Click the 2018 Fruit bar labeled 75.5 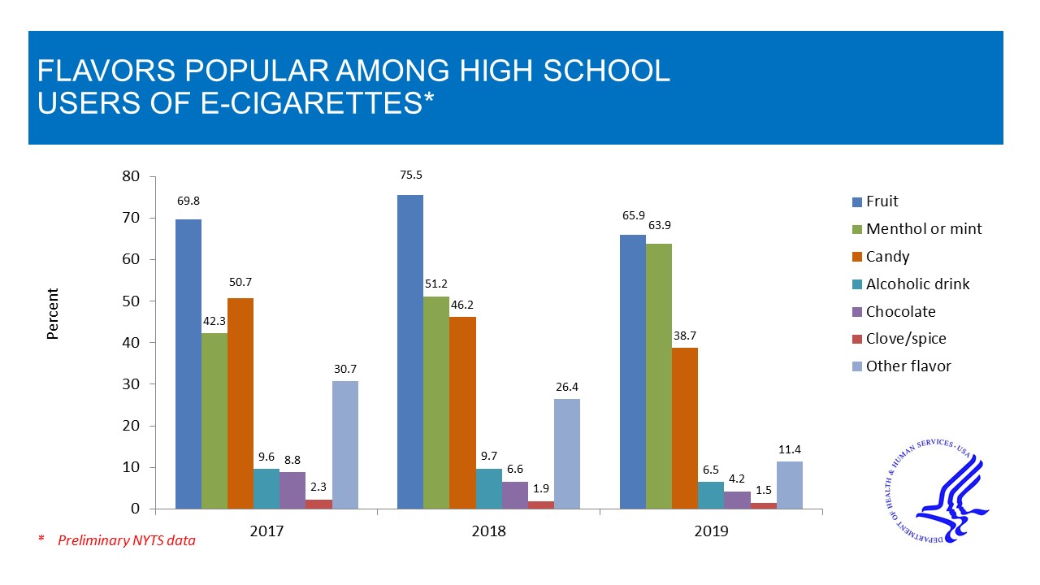tap(410, 352)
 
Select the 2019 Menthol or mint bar tap(659, 376)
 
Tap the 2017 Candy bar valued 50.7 tap(240, 403)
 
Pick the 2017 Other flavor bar tap(345, 445)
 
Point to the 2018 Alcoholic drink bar tap(489, 488)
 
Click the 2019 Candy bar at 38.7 tap(685, 428)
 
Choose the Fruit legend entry tap(882, 201)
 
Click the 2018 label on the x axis tap(488, 531)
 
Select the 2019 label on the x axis tap(711, 531)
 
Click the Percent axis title tap(53, 314)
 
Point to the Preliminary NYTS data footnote tap(126, 539)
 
